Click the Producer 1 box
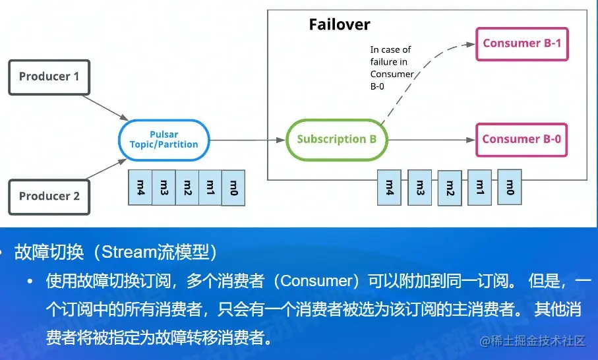(49, 76)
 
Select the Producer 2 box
(49, 196)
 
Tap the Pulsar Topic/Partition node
(164, 139)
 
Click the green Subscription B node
(336, 139)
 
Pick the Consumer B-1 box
(522, 44)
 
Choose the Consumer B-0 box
(522, 139)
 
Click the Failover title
(340, 25)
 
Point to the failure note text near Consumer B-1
(391, 68)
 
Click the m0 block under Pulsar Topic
(233, 187)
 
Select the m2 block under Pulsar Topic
(187, 187)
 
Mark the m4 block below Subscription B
(389, 187)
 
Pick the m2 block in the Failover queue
(450, 189)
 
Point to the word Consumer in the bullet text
(316, 282)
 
